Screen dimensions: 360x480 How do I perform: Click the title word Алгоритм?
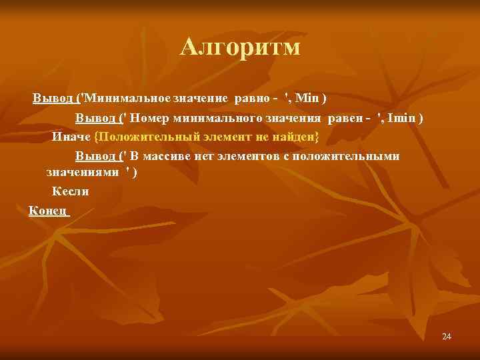[241, 47]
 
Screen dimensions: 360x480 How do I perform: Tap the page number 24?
[447, 337]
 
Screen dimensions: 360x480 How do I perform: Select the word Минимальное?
[126, 99]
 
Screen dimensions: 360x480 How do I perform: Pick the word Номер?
[150, 118]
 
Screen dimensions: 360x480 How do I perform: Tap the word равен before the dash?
[342, 118]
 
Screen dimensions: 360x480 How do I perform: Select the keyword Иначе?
[71, 137]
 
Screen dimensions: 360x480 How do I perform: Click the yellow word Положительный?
[138, 137]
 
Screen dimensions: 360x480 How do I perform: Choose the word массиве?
[168, 157]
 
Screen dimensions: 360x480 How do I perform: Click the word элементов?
[263, 157]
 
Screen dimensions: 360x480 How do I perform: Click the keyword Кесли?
[70, 191]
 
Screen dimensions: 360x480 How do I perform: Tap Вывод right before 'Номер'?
[95, 118]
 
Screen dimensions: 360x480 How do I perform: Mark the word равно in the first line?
[249, 99]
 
